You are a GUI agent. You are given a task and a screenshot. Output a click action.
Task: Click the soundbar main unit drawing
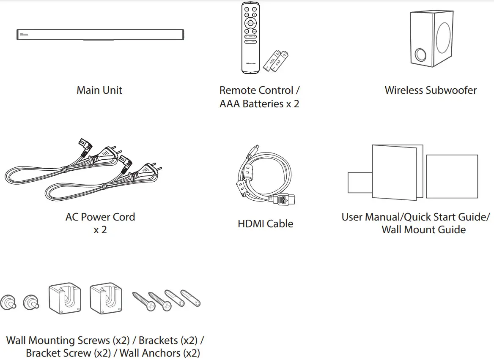pyautogui.click(x=100, y=35)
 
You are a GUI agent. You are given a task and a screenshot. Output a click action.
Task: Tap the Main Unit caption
pyautogui.click(x=99, y=90)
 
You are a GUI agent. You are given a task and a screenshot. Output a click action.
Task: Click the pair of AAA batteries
pyautogui.click(x=276, y=61)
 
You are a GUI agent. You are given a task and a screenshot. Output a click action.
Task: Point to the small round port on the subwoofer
pyautogui.click(x=421, y=55)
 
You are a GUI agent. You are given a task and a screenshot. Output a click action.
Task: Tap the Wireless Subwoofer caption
pyautogui.click(x=431, y=90)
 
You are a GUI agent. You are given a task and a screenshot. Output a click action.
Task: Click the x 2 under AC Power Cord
pyautogui.click(x=100, y=230)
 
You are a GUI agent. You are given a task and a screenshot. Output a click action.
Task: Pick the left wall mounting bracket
pyautogui.click(x=65, y=300)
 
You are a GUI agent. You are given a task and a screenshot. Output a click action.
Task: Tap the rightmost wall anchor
pyautogui.click(x=190, y=298)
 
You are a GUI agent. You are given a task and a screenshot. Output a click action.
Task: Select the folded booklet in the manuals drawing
pyautogui.click(x=395, y=172)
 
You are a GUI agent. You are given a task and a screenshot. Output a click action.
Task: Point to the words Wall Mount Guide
pyautogui.click(x=423, y=230)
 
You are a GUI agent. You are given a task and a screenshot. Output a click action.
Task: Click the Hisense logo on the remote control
pyautogui.click(x=250, y=63)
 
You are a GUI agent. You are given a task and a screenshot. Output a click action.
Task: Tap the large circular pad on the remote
pyautogui.click(x=250, y=23)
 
